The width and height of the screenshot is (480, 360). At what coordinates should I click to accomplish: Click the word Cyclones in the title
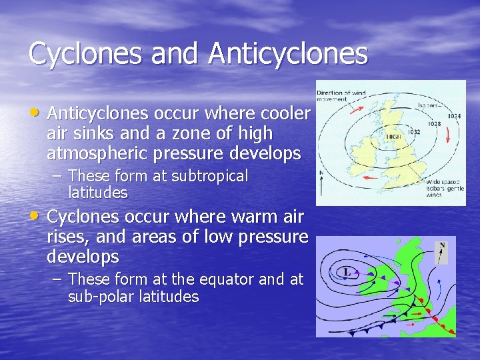pos(87,54)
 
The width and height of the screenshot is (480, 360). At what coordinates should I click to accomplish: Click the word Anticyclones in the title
pos(287,54)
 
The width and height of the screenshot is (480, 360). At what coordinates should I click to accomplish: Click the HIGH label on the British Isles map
pos(394,136)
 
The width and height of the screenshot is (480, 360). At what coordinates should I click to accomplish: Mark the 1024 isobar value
pos(453,116)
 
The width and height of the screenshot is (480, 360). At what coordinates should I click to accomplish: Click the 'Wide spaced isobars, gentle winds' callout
pos(444,189)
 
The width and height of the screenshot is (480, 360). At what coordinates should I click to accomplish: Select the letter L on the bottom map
pos(347,272)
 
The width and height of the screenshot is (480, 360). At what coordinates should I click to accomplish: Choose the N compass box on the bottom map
pos(441,251)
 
